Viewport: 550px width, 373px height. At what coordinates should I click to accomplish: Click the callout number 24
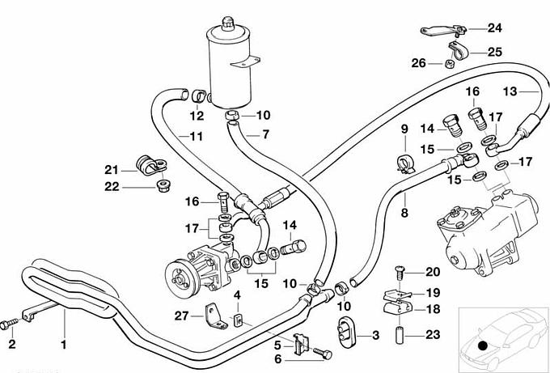click(494, 28)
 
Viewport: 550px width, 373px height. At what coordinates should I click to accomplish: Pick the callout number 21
click(112, 169)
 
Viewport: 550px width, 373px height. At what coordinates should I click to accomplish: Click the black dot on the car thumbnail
click(483, 345)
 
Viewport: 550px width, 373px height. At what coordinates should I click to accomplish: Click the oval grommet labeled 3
click(345, 333)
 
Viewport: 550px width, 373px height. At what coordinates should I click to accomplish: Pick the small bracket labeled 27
click(213, 315)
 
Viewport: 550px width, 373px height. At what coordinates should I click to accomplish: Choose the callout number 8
click(404, 214)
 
